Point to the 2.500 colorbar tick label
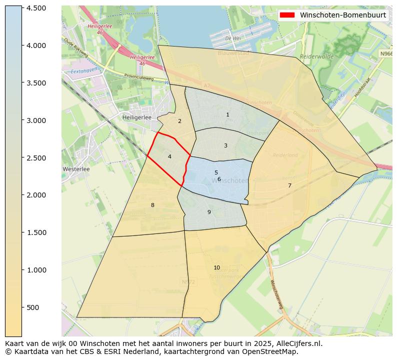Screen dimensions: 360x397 36,158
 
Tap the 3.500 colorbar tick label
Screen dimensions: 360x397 36,83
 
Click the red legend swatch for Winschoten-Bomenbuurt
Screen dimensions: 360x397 287,15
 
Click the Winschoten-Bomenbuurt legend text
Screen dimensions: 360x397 342,15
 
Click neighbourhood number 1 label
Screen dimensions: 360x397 227,115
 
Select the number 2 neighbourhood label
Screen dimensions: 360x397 179,121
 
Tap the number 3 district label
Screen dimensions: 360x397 225,146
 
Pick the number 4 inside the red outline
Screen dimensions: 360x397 169,157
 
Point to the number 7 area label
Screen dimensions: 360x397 289,185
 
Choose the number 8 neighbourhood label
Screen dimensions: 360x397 152,205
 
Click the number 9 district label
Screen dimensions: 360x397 209,212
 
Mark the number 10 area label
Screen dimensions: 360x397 216,267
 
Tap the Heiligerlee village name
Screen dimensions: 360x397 137,117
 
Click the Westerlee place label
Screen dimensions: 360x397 76,169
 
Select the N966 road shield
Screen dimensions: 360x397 385,53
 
